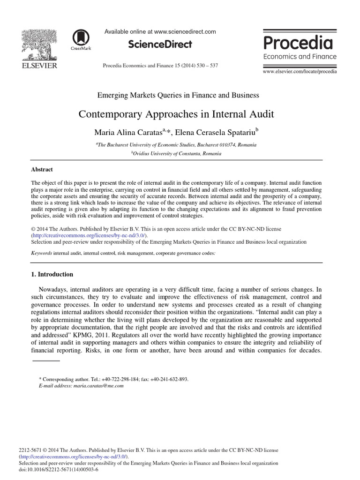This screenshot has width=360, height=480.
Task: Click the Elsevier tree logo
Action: pos(39,44)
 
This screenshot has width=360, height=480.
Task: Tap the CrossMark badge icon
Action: pos(81,39)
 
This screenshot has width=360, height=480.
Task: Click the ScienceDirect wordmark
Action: pos(160,45)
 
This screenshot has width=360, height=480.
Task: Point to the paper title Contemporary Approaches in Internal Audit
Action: pos(176,114)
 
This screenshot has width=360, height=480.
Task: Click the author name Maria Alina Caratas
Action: pos(127,132)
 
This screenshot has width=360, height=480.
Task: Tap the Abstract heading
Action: pos(42,170)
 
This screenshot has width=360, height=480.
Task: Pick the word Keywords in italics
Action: pos(41,253)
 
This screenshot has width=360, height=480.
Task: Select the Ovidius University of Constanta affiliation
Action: pos(177,153)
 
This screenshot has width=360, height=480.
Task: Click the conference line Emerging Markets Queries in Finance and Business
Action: pos(178,95)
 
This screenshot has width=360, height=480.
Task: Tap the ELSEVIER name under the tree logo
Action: pos(39,66)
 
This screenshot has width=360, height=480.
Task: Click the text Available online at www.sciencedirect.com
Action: pos(160,32)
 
